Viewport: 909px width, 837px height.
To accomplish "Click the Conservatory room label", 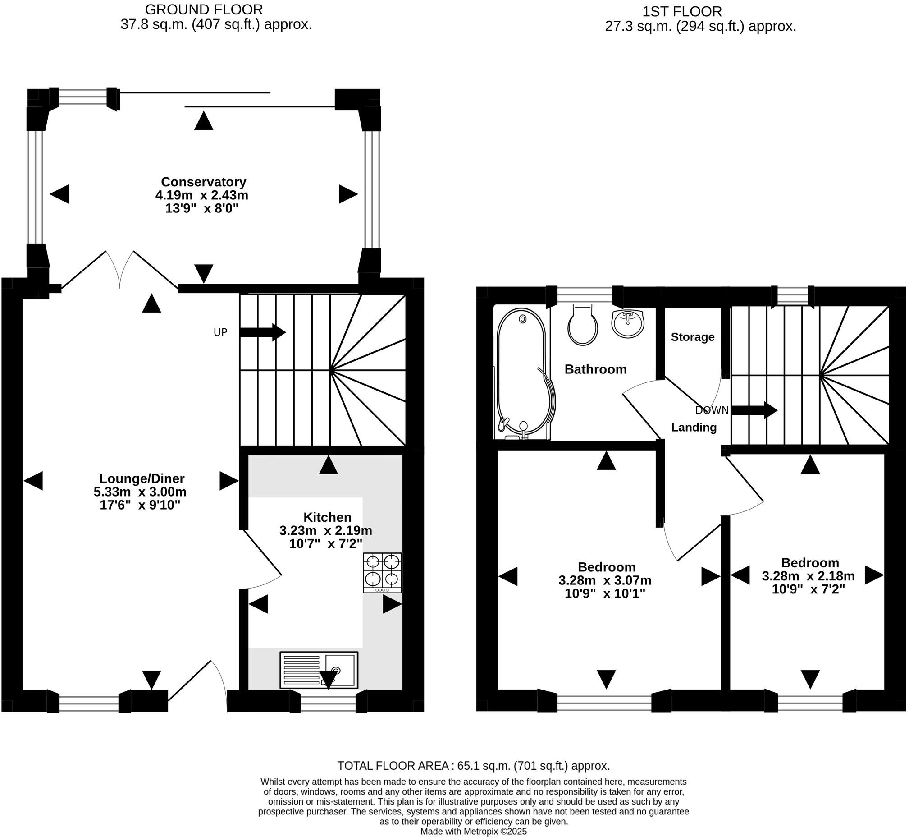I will [x=203, y=182].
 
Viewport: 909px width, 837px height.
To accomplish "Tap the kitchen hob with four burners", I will [x=382, y=572].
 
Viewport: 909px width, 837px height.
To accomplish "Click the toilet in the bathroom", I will [x=583, y=324].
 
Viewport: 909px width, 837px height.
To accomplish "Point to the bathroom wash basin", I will [x=627, y=323].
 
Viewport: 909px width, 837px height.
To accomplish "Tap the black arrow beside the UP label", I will [x=263, y=332].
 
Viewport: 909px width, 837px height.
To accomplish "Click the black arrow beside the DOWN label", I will [x=754, y=410].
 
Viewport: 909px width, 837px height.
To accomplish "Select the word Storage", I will [x=692, y=337].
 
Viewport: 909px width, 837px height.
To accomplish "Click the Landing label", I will [x=694, y=428].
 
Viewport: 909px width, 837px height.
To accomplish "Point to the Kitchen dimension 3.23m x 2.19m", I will [x=325, y=530].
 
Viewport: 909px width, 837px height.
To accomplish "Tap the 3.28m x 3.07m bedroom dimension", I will [x=605, y=580].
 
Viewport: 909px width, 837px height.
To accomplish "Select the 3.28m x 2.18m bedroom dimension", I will [x=808, y=576].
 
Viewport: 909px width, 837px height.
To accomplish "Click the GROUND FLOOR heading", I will [x=204, y=9].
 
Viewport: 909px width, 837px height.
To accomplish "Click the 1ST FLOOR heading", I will [x=682, y=11].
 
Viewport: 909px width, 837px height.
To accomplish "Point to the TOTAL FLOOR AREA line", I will [x=474, y=766].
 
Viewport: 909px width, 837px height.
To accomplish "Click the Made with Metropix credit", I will [x=474, y=832].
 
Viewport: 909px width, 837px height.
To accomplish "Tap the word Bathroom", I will [x=595, y=369].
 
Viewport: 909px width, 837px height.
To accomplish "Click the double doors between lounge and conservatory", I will [x=120, y=270].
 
